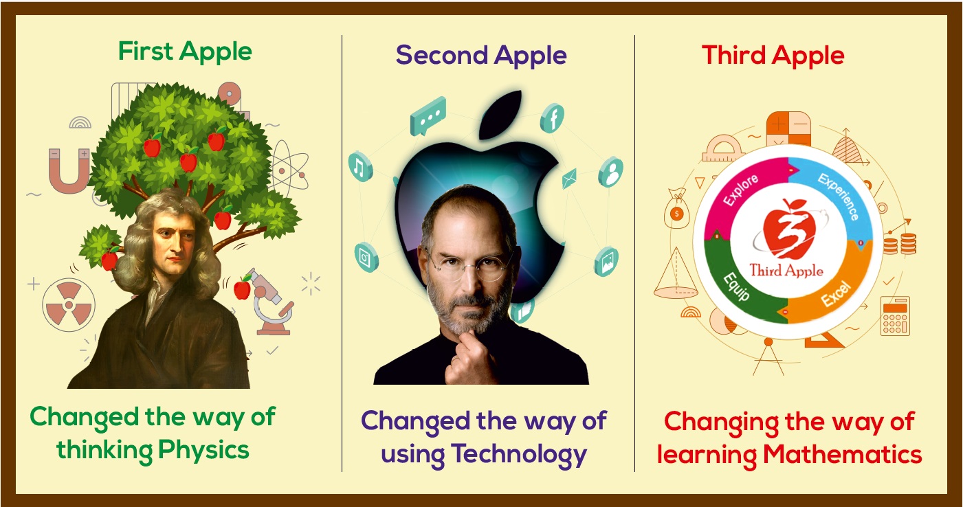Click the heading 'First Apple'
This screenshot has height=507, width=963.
coord(185,52)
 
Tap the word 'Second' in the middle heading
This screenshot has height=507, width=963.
coord(442,56)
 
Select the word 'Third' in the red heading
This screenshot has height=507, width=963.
coord(734,56)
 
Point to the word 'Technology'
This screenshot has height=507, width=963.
coord(520,455)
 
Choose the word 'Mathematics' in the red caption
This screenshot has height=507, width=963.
coord(842,455)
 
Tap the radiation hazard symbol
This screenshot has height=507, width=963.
coord(69,304)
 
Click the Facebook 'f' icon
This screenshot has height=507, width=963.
coord(552,117)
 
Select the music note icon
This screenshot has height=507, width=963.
coord(360,167)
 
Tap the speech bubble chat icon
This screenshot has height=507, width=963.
coord(428,116)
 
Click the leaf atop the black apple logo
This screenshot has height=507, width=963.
coord(500,114)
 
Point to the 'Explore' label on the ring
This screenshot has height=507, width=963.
coord(741,190)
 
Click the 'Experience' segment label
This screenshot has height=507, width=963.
coord(839,196)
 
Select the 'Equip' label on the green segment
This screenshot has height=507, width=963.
coord(736,286)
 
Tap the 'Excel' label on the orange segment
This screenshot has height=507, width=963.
coord(836,293)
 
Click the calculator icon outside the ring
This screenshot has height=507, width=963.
coord(895,316)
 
